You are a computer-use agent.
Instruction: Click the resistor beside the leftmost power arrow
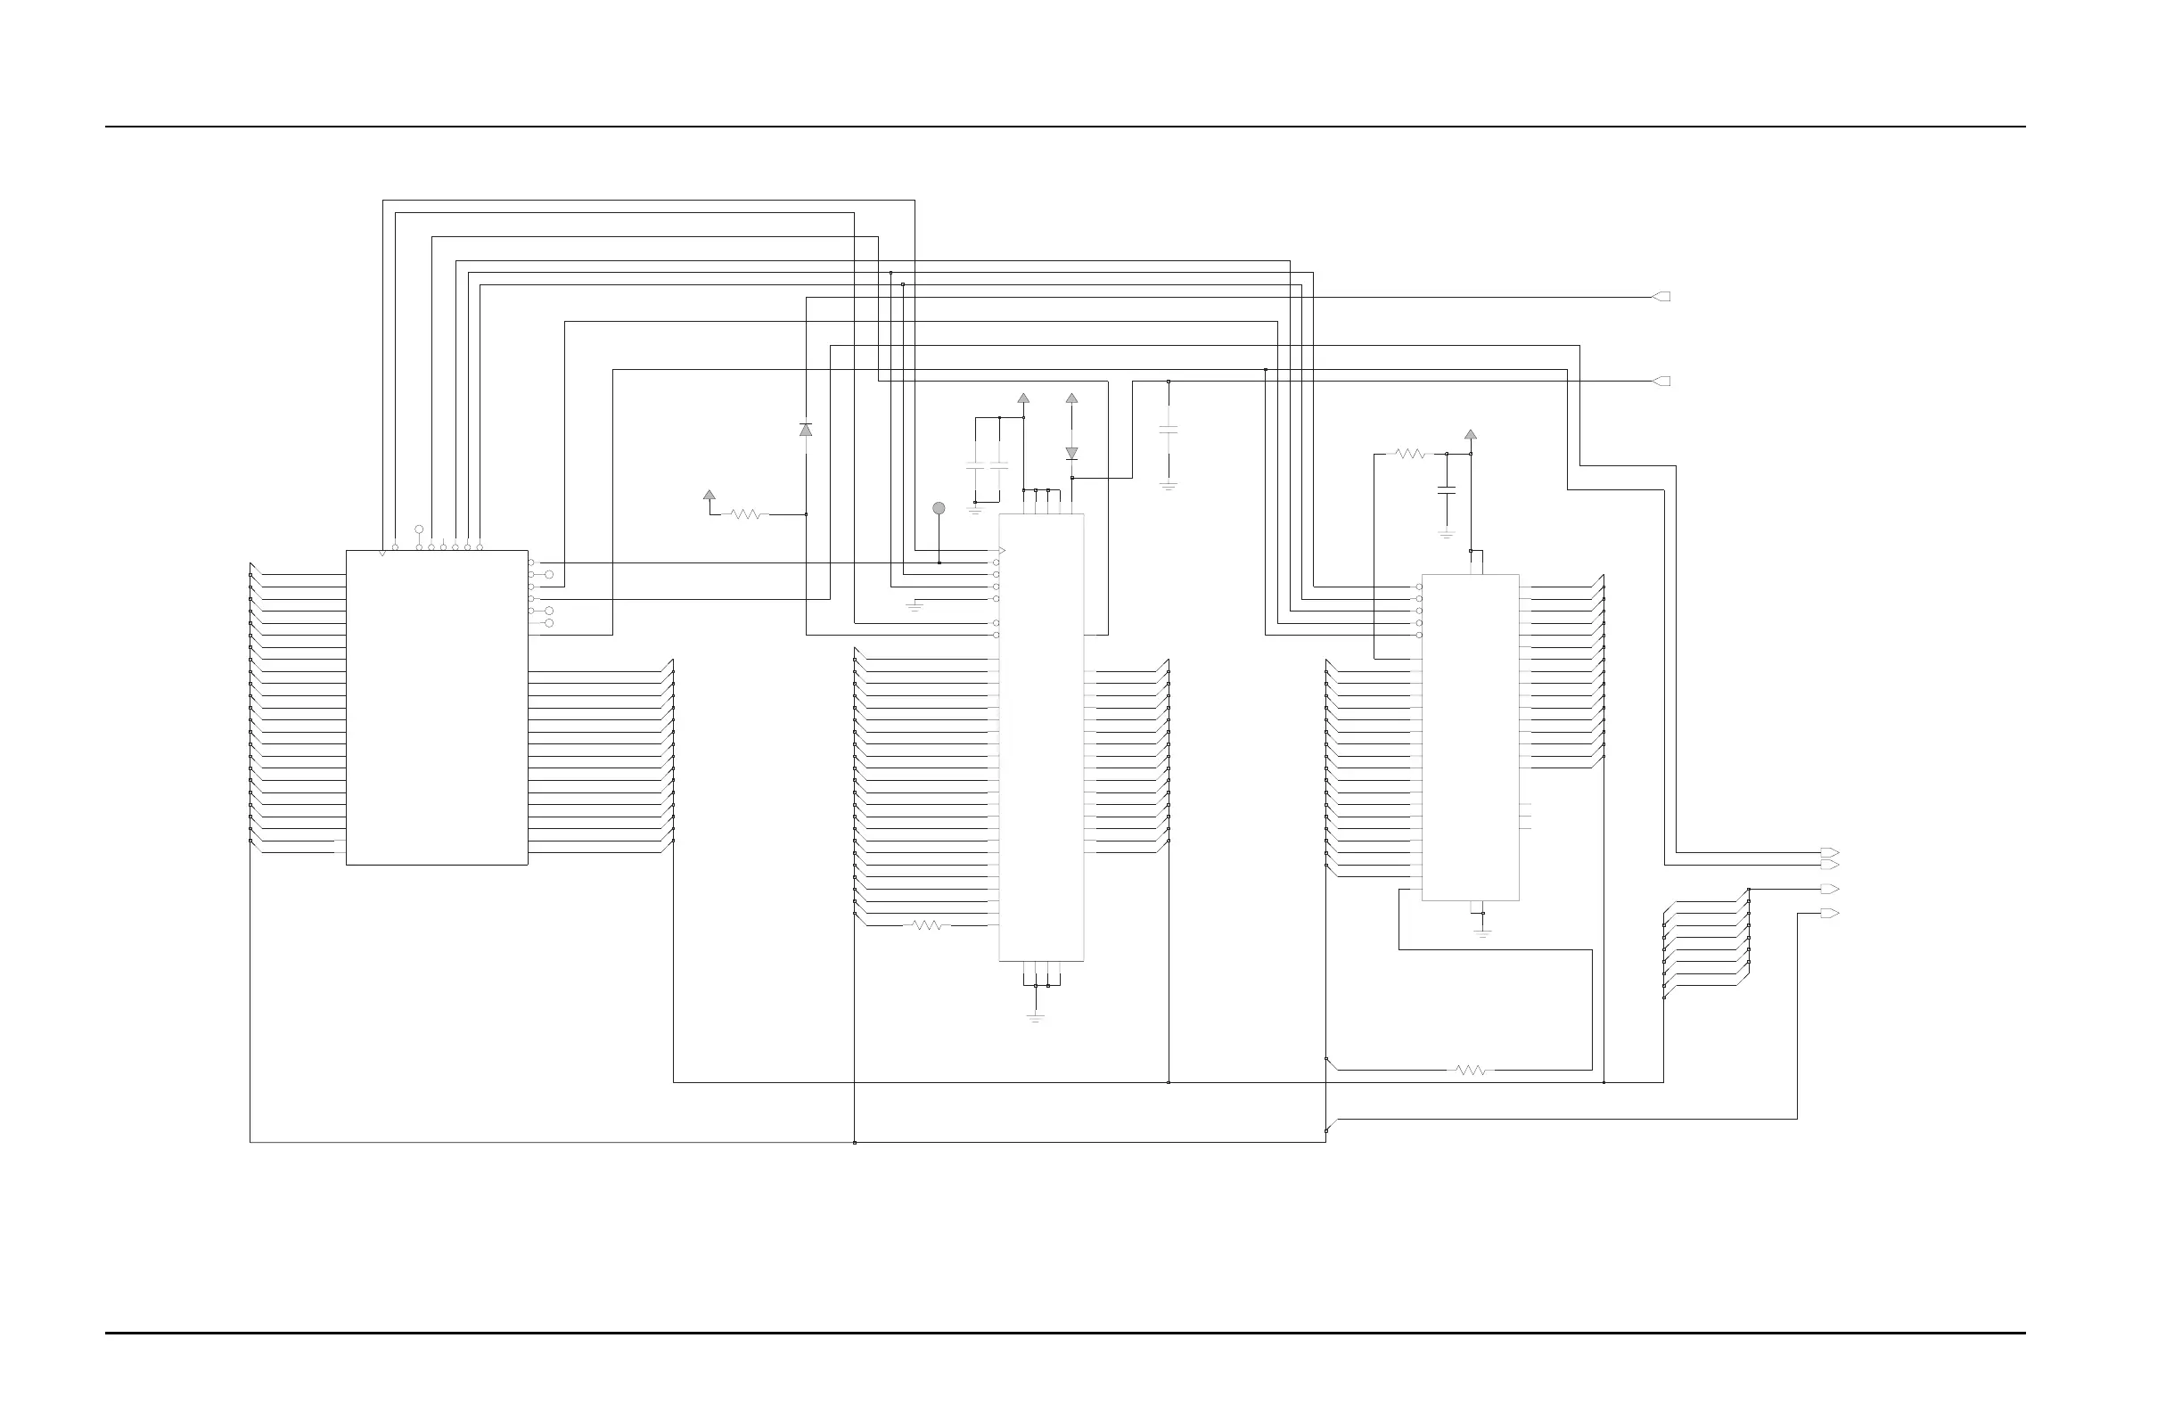[x=746, y=514]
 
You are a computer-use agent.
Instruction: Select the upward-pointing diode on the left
[x=806, y=429]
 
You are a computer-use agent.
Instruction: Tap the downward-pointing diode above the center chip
[x=1071, y=454]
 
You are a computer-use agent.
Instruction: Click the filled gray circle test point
[x=939, y=508]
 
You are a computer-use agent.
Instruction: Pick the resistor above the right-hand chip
[x=1410, y=453]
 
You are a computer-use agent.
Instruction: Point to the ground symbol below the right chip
[x=1482, y=932]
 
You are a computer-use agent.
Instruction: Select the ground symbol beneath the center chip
[x=1035, y=1017]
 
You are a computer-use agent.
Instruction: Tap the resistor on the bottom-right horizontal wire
[x=1471, y=1070]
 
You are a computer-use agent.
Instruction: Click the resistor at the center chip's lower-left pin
[x=927, y=925]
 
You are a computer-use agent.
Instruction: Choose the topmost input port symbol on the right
[x=1661, y=297]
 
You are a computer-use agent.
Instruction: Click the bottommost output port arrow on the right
[x=1829, y=913]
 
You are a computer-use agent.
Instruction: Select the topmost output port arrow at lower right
[x=1829, y=853]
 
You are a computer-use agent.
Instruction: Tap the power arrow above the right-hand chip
[x=1471, y=435]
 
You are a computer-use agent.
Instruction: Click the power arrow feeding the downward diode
[x=1071, y=398]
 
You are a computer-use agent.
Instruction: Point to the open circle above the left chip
[x=419, y=529]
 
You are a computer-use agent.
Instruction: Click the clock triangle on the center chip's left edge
[x=1002, y=551]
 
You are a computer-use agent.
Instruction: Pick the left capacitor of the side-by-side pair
[x=975, y=468]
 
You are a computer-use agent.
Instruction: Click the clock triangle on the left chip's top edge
[x=382, y=553]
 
